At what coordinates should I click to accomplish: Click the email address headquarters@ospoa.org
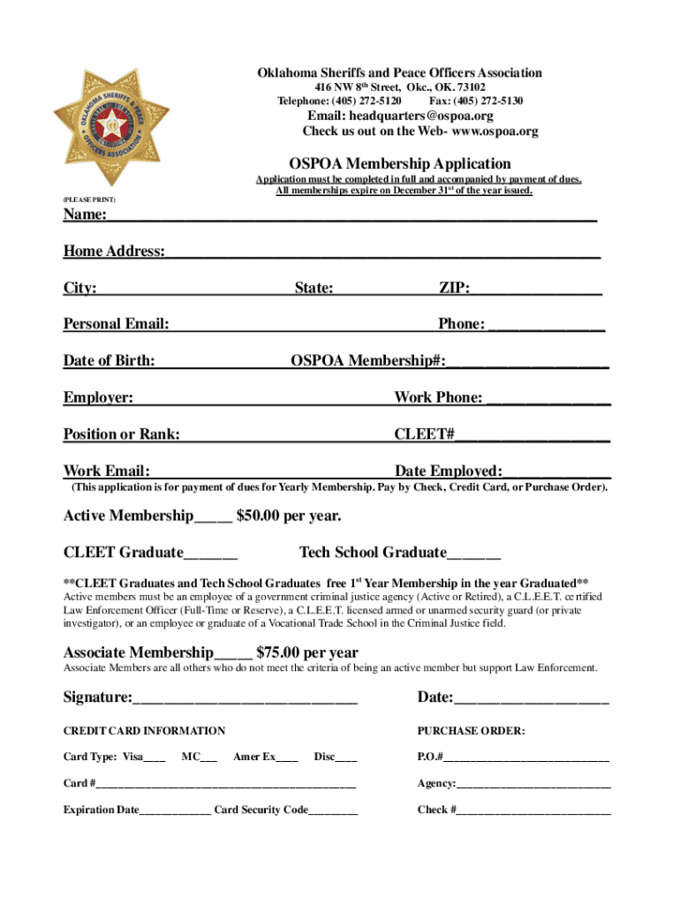click(x=400, y=116)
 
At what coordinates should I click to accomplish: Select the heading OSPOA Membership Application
click(x=400, y=163)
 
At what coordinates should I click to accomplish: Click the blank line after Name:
click(x=353, y=217)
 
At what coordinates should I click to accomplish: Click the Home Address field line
click(x=382, y=252)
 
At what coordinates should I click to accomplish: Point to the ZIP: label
click(x=454, y=288)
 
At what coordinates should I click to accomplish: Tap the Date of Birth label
click(x=109, y=360)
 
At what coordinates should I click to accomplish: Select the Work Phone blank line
click(x=548, y=398)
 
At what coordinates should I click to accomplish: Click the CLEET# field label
click(x=424, y=434)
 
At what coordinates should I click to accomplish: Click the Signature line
click(x=245, y=699)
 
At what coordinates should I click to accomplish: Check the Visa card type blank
click(x=155, y=757)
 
